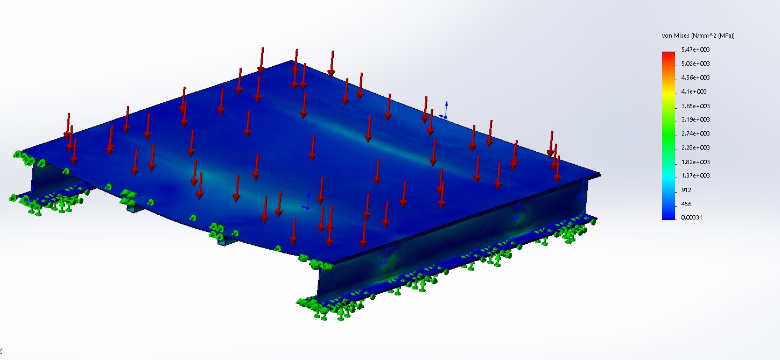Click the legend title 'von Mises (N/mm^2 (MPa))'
pyautogui.click(x=698, y=36)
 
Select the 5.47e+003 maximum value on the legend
pyautogui.click(x=695, y=50)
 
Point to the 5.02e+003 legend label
pyautogui.click(x=695, y=63)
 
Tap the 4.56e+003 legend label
pyautogui.click(x=695, y=77)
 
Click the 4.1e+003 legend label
pyautogui.click(x=694, y=91)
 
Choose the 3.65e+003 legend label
pyautogui.click(x=695, y=106)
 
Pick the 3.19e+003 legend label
pyautogui.click(x=695, y=119)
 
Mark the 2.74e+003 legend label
pyautogui.click(x=695, y=133)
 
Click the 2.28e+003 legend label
pyautogui.click(x=695, y=147)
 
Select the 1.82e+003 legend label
pyautogui.click(x=695, y=162)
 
